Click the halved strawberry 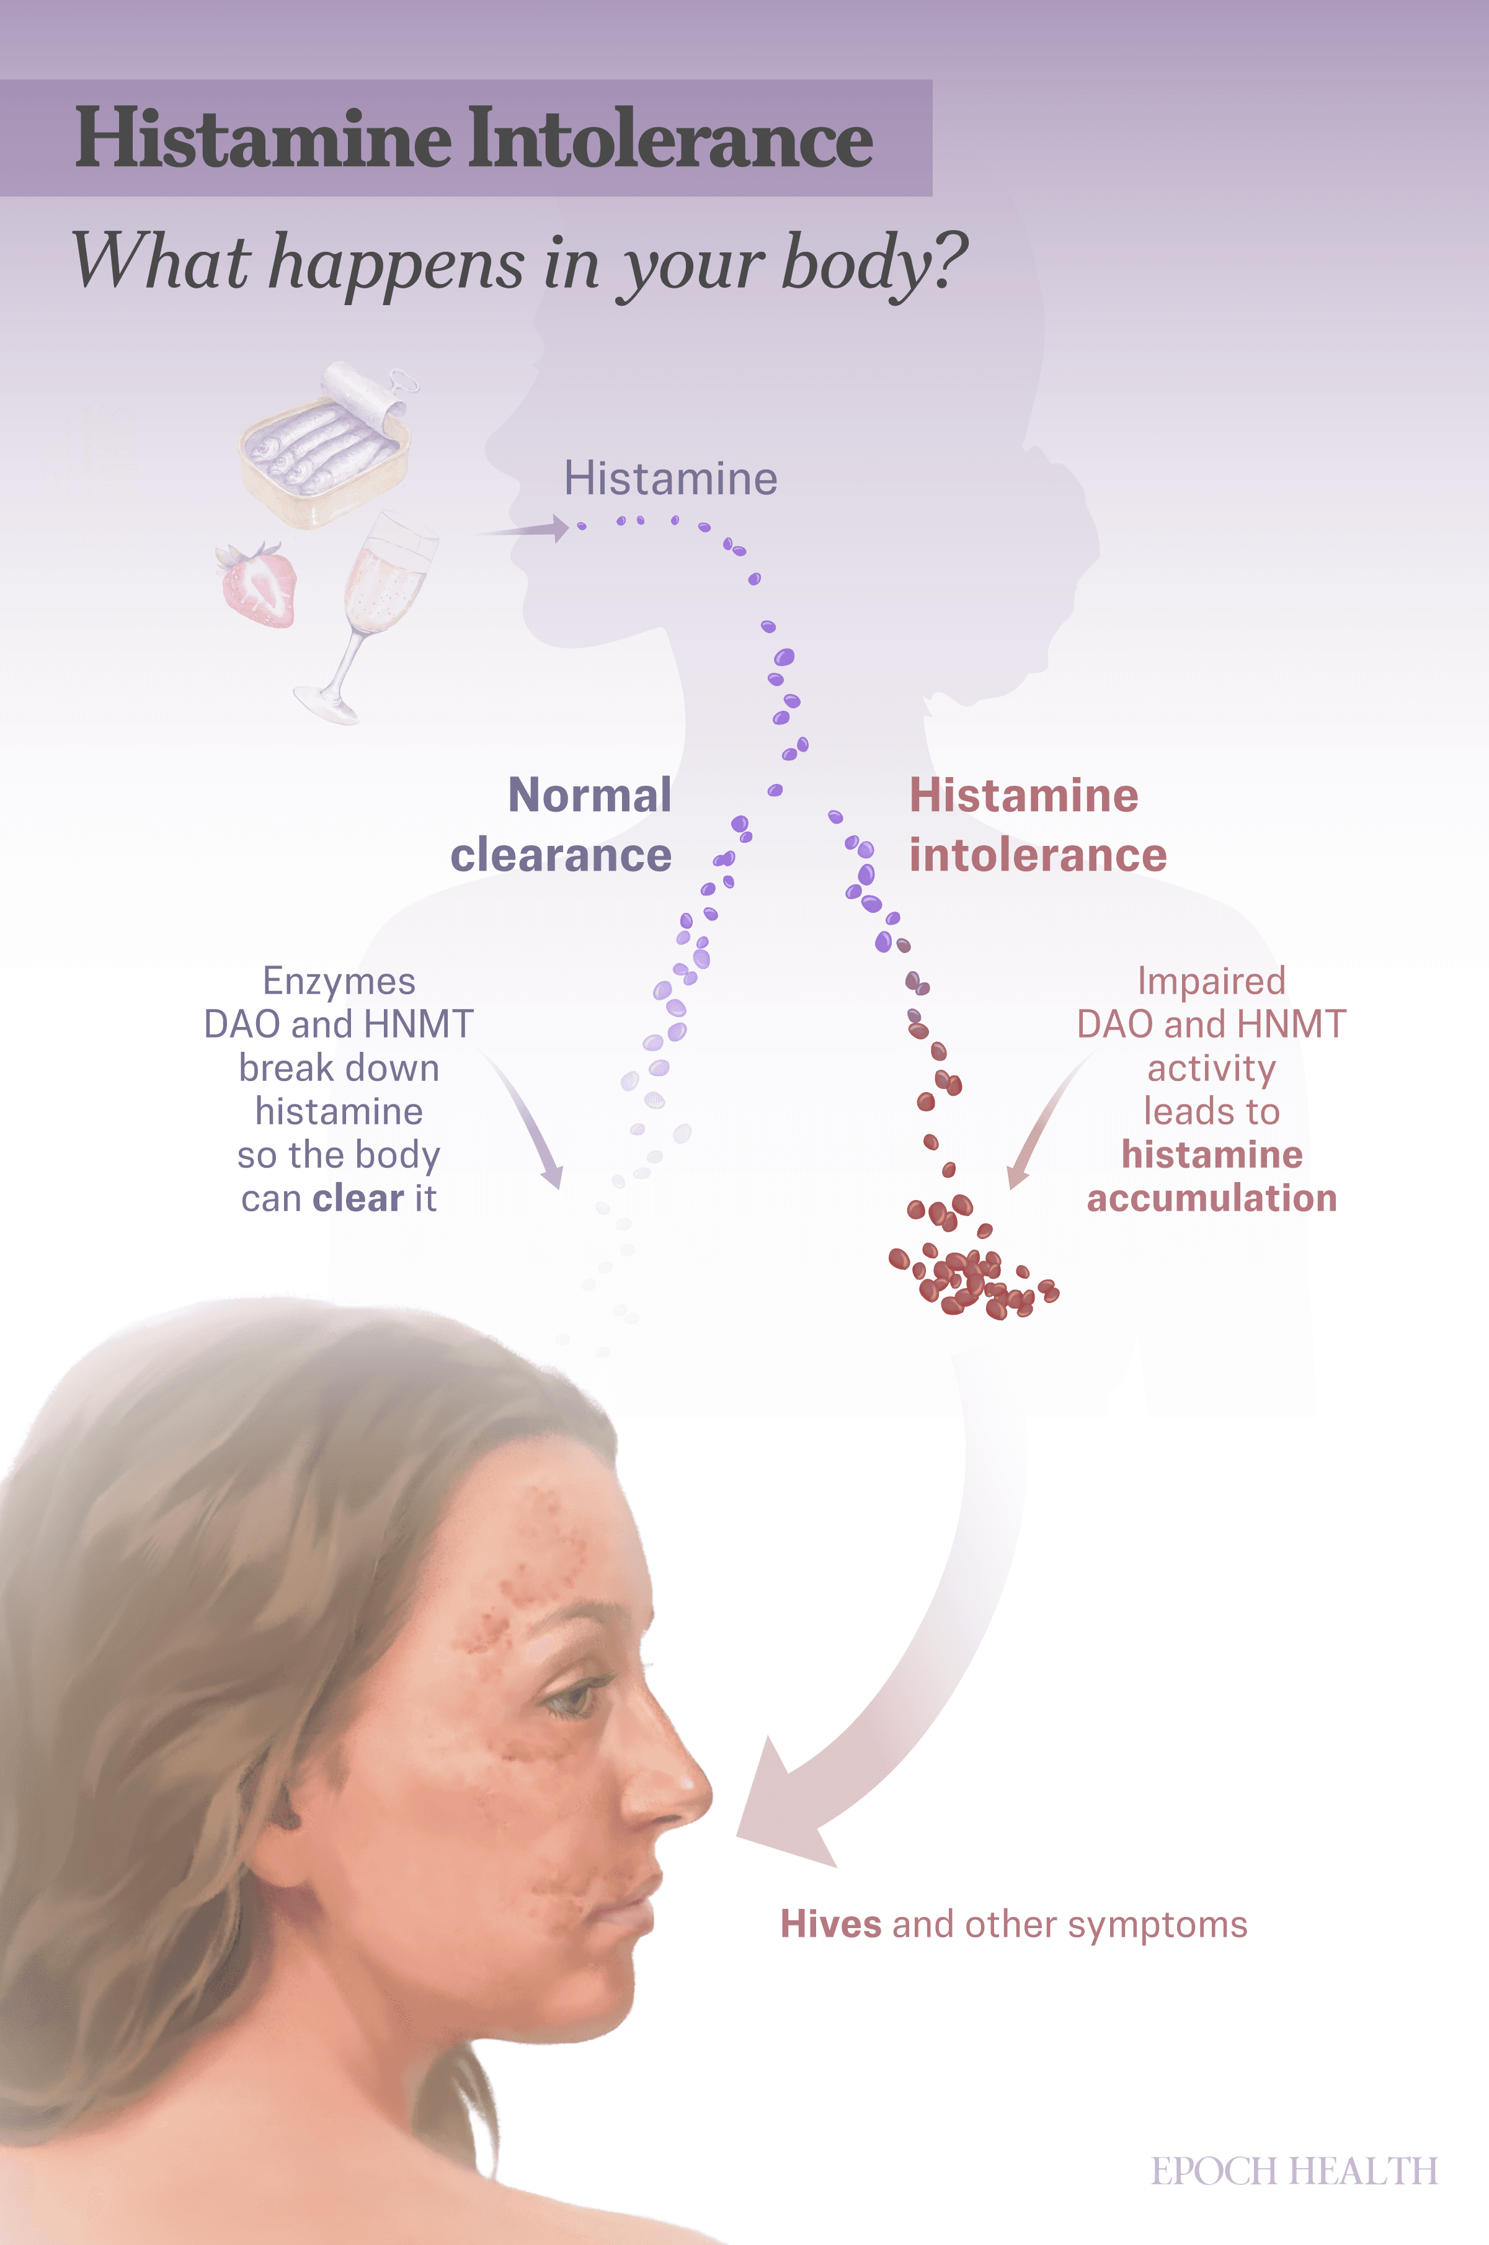pyautogui.click(x=256, y=585)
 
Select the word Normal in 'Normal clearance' pyautogui.click(x=590, y=795)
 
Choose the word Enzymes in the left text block pyautogui.click(x=339, y=982)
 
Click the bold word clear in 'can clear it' pyautogui.click(x=359, y=1199)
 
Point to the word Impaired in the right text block pyautogui.click(x=1212, y=982)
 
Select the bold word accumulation pyautogui.click(x=1212, y=1199)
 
